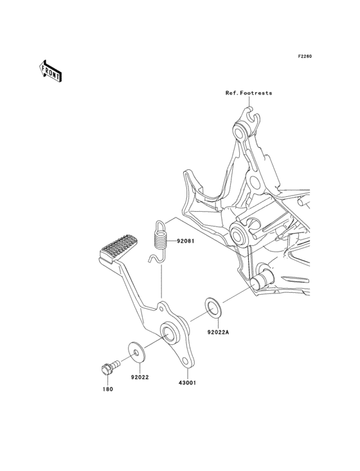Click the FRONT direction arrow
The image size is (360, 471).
tap(50, 71)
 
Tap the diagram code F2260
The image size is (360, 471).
tap(305, 56)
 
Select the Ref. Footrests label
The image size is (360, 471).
tap(249, 93)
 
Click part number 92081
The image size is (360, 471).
tap(185, 241)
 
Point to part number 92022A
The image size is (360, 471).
tap(218, 332)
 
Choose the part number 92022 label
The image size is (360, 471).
tap(139, 377)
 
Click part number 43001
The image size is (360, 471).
tap(187, 383)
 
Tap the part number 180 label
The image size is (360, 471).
tap(107, 389)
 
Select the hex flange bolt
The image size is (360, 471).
tap(110, 367)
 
